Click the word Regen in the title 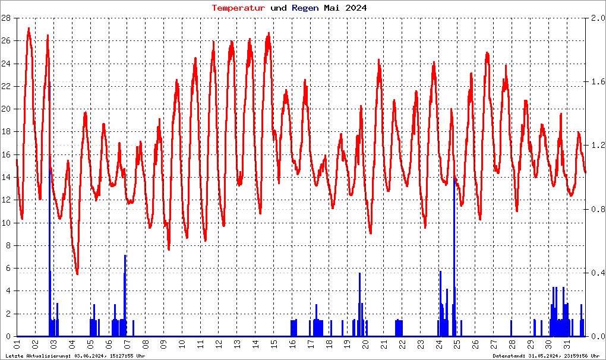[x=305, y=8]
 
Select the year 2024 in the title [x=355, y=8]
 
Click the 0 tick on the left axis [x=8, y=336]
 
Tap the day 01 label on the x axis [x=17, y=345]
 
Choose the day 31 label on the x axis [x=567, y=345]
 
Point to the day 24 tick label [x=439, y=345]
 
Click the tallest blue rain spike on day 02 [x=49, y=178]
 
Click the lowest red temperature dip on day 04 [x=77, y=273]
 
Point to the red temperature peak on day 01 [x=29, y=29]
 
